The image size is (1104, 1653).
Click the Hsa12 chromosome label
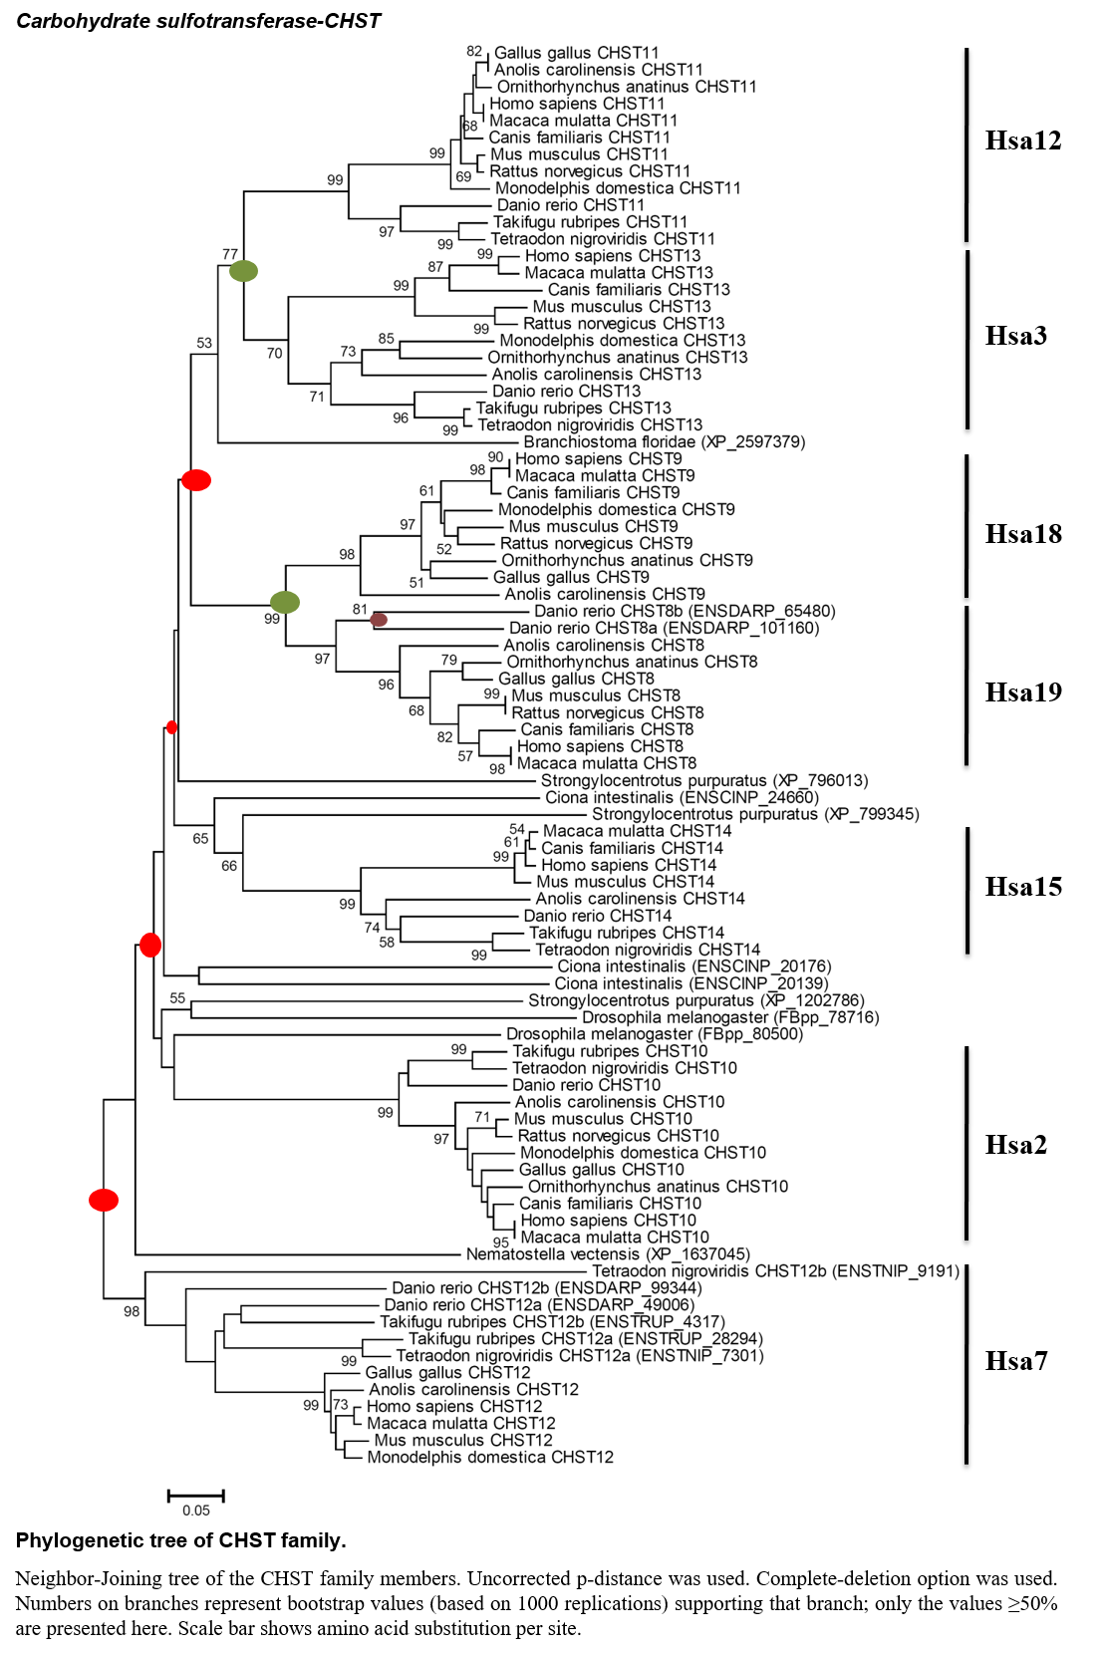pyautogui.click(x=1023, y=140)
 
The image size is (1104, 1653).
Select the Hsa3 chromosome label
pyautogui.click(x=1015, y=336)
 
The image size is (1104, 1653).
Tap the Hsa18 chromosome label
pyautogui.click(x=1023, y=533)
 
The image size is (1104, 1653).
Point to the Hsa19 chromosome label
pyautogui.click(x=1023, y=692)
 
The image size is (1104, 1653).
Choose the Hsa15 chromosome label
pyautogui.click(x=1023, y=886)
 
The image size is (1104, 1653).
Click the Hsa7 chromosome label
pyautogui.click(x=1015, y=1361)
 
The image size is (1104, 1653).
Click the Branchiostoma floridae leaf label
pyautogui.click(x=665, y=442)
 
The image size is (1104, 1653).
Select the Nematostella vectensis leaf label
pyautogui.click(x=608, y=1253)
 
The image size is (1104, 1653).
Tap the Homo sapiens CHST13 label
pyautogui.click(x=613, y=256)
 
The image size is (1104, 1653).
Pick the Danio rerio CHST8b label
pyautogui.click(x=685, y=611)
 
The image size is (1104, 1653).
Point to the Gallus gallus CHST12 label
pyautogui.click(x=448, y=1373)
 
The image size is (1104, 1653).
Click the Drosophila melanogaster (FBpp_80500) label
pyautogui.click(x=655, y=1034)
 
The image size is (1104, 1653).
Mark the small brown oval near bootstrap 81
pyautogui.click(x=379, y=620)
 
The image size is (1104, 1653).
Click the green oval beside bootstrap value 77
pyautogui.click(x=243, y=271)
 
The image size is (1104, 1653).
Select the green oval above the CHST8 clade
pyautogui.click(x=285, y=602)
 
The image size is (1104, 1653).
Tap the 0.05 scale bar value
pyautogui.click(x=196, y=1511)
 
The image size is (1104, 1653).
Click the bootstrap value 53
pyautogui.click(x=204, y=343)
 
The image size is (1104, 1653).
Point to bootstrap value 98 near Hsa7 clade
pyautogui.click(x=132, y=1311)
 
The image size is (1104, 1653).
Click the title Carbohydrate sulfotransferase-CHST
pyautogui.click(x=198, y=21)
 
